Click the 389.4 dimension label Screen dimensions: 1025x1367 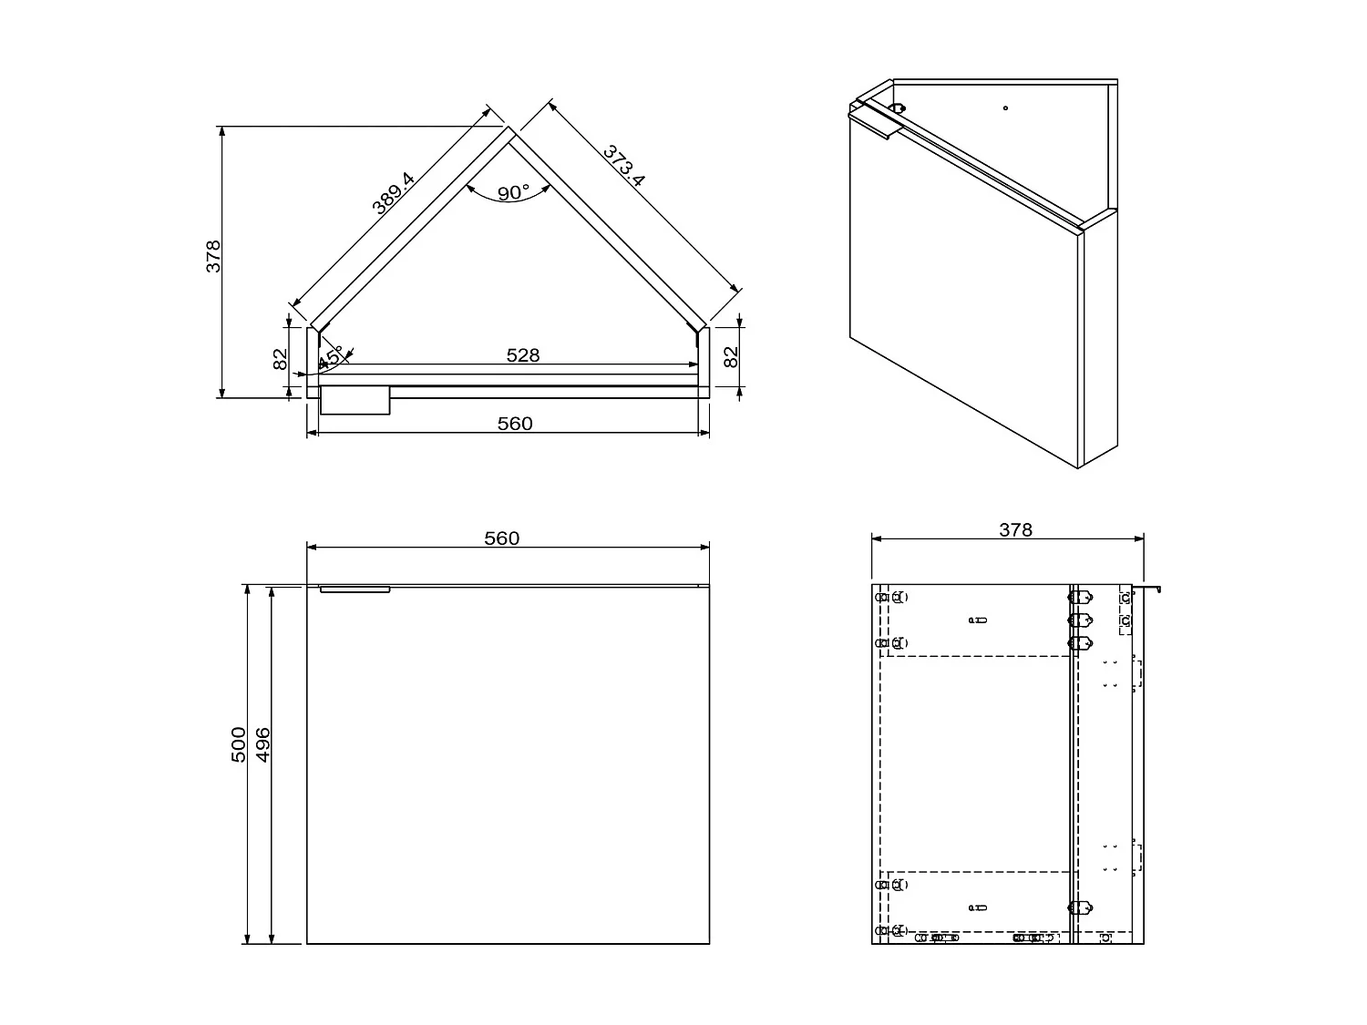click(x=394, y=192)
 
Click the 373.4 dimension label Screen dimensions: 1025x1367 click(x=624, y=166)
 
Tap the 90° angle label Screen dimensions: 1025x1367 click(x=513, y=192)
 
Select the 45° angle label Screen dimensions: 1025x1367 click(x=331, y=356)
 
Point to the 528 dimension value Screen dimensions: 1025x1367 click(x=522, y=355)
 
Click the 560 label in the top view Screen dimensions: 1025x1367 click(x=515, y=424)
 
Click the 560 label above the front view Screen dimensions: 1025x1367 click(x=501, y=538)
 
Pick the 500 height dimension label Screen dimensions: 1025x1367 click(x=239, y=744)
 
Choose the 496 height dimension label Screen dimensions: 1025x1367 click(x=263, y=744)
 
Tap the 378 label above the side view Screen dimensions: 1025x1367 click(x=1015, y=530)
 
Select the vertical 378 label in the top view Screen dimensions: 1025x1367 click(x=213, y=256)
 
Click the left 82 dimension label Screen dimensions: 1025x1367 click(x=281, y=359)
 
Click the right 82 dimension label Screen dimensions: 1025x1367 click(x=731, y=357)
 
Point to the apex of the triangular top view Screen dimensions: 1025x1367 click(x=508, y=128)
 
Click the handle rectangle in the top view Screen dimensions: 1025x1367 click(x=355, y=400)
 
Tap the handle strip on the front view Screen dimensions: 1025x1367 click(x=355, y=589)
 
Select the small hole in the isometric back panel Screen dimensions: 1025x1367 click(x=1005, y=108)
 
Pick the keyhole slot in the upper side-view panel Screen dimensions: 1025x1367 click(x=978, y=620)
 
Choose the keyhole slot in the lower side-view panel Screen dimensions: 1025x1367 click(x=978, y=907)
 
